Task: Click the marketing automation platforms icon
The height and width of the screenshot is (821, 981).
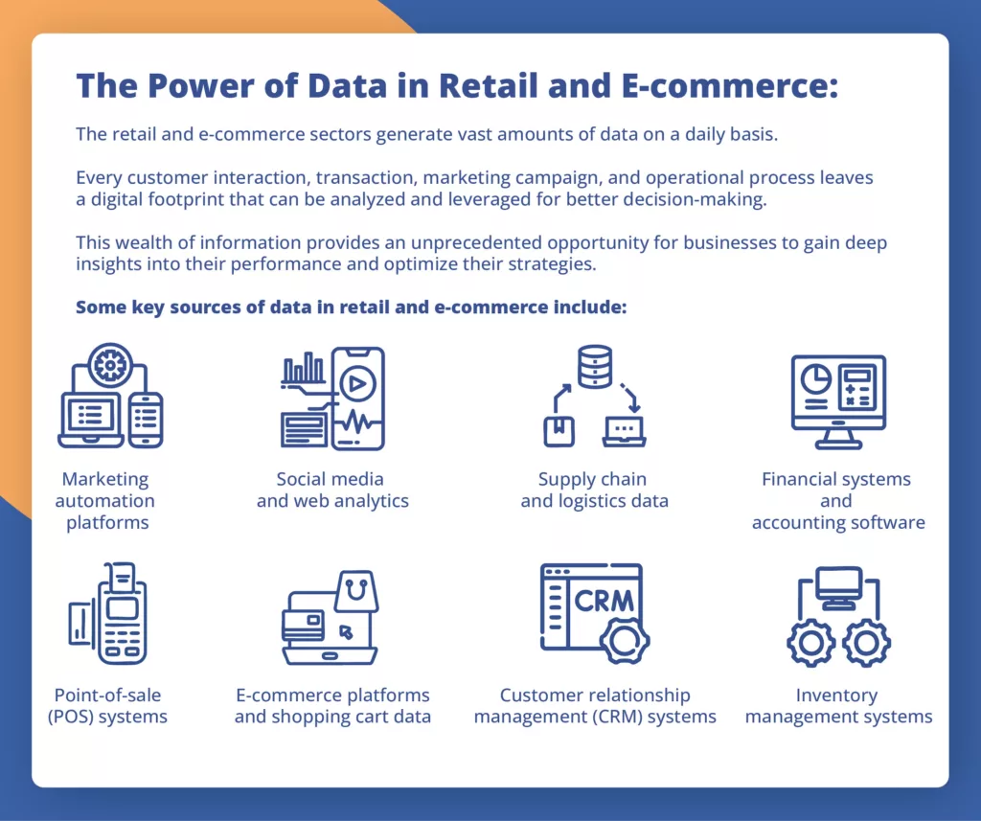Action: [x=110, y=397]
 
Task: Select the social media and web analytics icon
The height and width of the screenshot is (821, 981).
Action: [x=332, y=399]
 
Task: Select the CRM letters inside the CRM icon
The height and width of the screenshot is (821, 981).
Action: [x=604, y=601]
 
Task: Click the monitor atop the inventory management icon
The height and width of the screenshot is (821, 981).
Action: [x=838, y=586]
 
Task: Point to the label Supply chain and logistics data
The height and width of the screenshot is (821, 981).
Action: [x=594, y=490]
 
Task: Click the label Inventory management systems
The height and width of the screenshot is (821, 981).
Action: [x=837, y=706]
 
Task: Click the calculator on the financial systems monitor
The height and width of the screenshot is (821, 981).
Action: [x=857, y=389]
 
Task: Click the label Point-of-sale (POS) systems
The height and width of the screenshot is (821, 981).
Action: [x=107, y=706]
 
